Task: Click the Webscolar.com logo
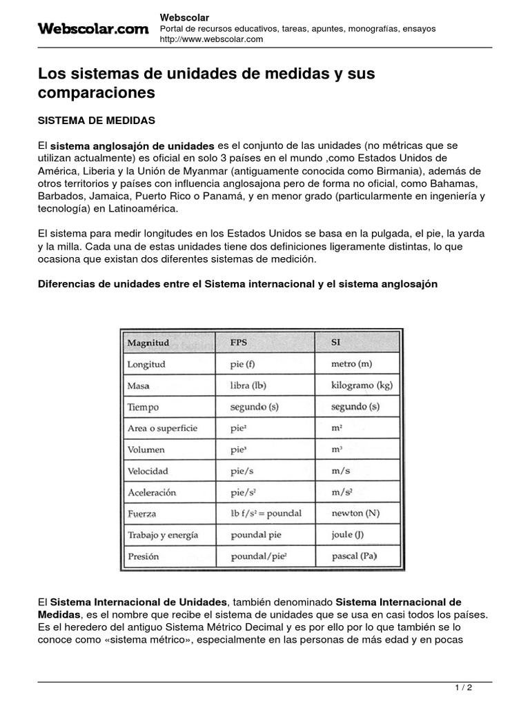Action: tap(92, 28)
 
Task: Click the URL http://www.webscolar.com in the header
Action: tap(211, 39)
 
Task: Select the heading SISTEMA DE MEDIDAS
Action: tap(97, 121)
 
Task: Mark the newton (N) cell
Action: tap(355, 513)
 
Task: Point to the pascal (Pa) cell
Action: tap(354, 556)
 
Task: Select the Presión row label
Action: tap(143, 556)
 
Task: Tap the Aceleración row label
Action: tap(152, 492)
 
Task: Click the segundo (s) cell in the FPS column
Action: tap(255, 407)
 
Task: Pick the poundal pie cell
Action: tap(257, 534)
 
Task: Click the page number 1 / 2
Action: tap(464, 687)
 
